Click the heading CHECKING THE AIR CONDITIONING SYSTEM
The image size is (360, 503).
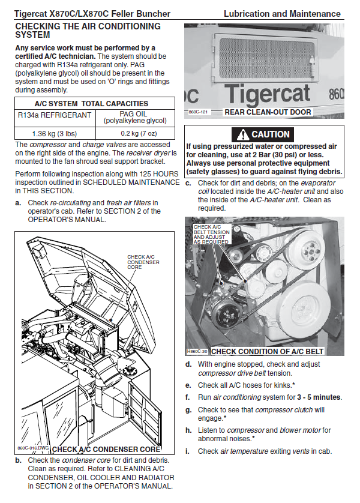(88, 31)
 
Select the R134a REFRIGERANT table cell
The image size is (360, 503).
(54, 115)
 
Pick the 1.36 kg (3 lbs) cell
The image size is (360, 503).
(54, 134)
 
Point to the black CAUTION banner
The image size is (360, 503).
(264, 134)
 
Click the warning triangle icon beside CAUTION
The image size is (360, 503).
(244, 134)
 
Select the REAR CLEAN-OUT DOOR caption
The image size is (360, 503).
(267, 112)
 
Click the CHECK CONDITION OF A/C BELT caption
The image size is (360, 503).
(268, 352)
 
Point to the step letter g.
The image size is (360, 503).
(188, 410)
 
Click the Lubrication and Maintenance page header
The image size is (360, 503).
(282, 13)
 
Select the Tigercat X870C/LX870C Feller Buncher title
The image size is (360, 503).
(92, 13)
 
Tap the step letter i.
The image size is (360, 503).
(187, 451)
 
